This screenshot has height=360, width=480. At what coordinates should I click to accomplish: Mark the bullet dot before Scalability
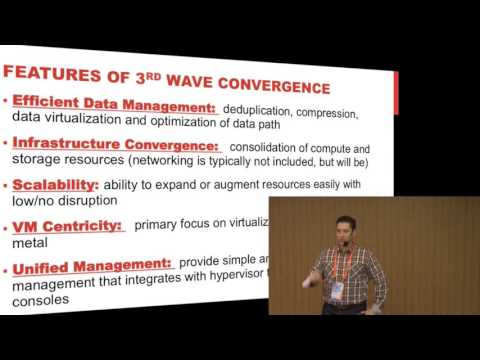coord(6,184)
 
